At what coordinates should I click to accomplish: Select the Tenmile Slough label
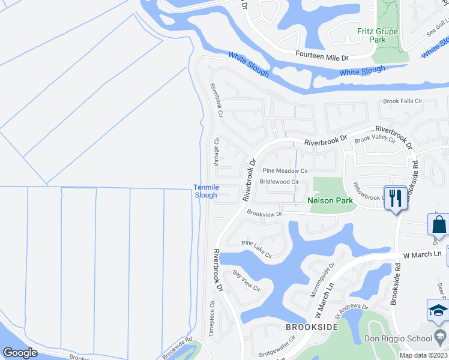pyautogui.click(x=205, y=191)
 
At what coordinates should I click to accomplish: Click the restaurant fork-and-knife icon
pyautogui.click(x=395, y=198)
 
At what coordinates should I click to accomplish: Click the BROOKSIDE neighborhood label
pyautogui.click(x=312, y=328)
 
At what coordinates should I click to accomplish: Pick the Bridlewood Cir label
pyautogui.click(x=279, y=181)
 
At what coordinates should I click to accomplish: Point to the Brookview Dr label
pyautogui.click(x=264, y=213)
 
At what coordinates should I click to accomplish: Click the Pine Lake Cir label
pyautogui.click(x=257, y=249)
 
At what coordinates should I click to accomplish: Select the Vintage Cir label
pyautogui.click(x=217, y=151)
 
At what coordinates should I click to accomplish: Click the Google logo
pyautogui.click(x=20, y=352)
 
